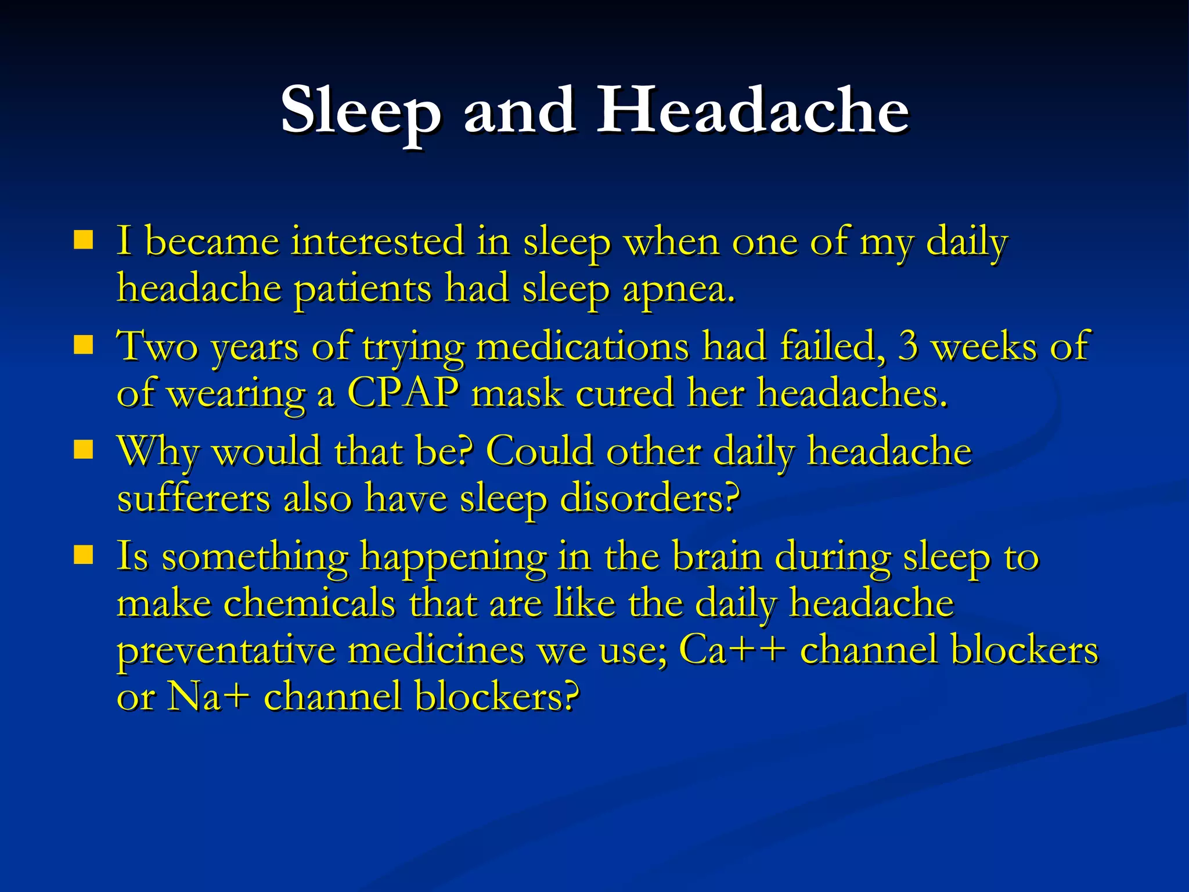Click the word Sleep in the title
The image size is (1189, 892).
click(x=360, y=111)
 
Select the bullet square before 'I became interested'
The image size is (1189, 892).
click(x=84, y=240)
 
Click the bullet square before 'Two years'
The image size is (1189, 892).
click(x=84, y=345)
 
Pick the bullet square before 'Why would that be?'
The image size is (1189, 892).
click(x=84, y=450)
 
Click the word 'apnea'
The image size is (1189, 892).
click(x=678, y=289)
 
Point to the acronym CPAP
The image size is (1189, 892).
click(x=403, y=393)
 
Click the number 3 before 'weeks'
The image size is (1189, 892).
click(x=909, y=346)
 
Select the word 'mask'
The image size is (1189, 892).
click(x=517, y=393)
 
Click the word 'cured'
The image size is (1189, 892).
click(x=625, y=393)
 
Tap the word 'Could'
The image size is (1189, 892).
click(x=539, y=451)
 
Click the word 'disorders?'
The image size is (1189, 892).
click(x=650, y=498)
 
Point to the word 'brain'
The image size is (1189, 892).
click(x=717, y=556)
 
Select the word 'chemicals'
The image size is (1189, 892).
click(x=309, y=603)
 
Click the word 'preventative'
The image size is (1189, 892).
click(x=226, y=650)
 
